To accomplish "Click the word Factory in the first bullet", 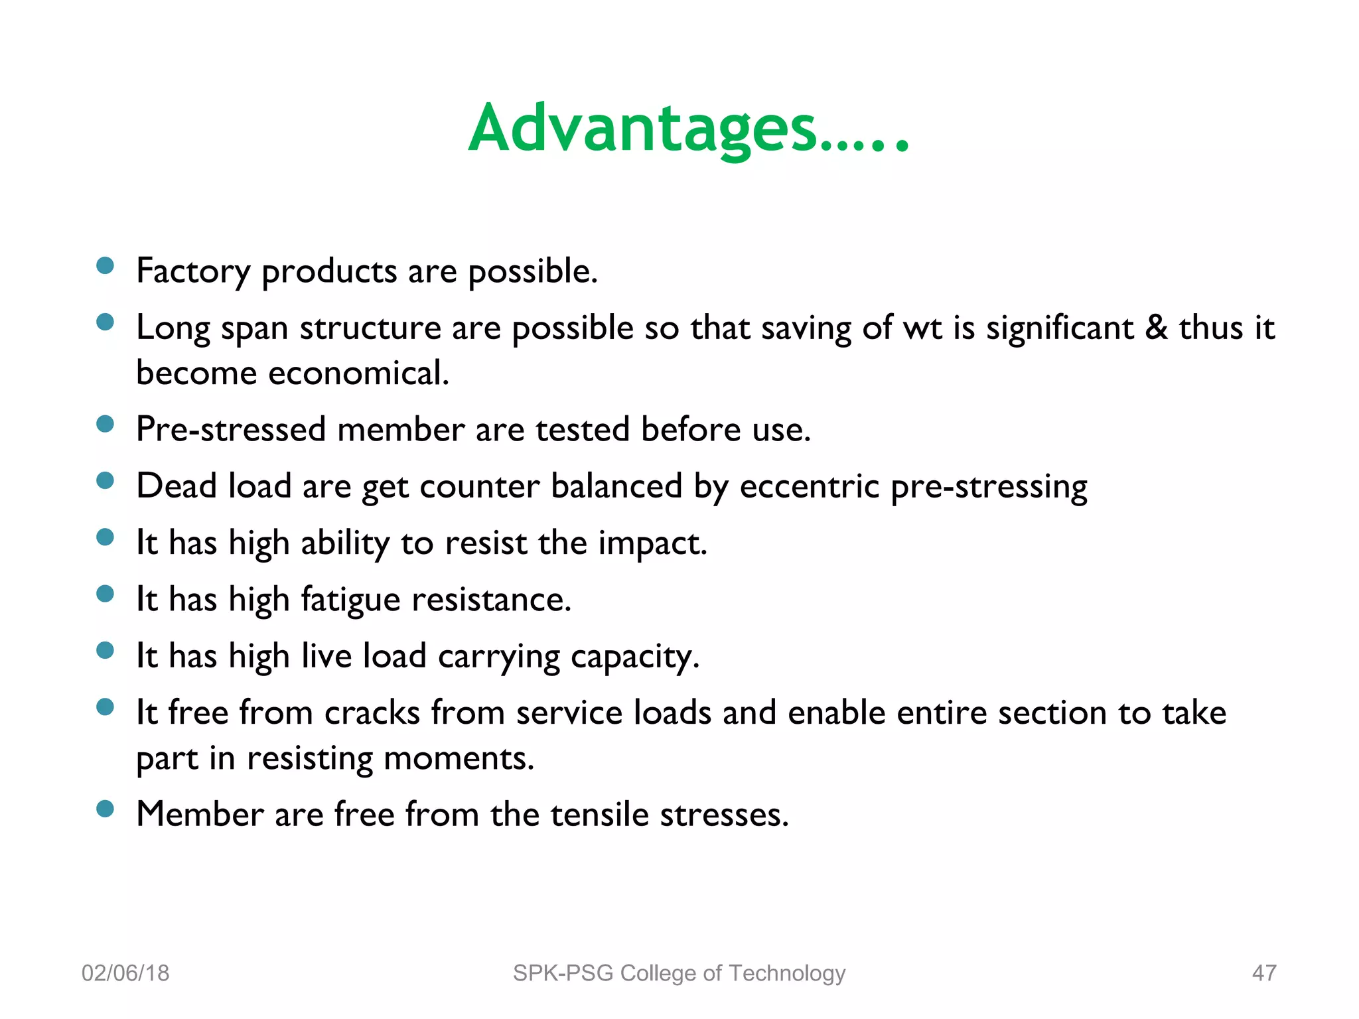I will (x=193, y=271).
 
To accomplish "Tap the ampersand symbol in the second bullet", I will (x=1156, y=328).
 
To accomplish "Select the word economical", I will (x=358, y=373).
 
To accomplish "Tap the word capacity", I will (x=634, y=657).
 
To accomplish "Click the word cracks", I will (x=372, y=713).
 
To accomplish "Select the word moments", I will (x=459, y=758).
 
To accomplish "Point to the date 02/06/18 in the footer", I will (x=125, y=973).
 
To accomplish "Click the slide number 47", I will (x=1263, y=973).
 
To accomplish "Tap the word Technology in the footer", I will (x=786, y=973).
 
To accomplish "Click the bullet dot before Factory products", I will (x=105, y=266).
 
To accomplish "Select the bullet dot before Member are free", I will (x=105, y=809).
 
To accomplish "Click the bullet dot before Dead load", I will (x=105, y=480).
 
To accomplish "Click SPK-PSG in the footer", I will (x=563, y=973).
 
